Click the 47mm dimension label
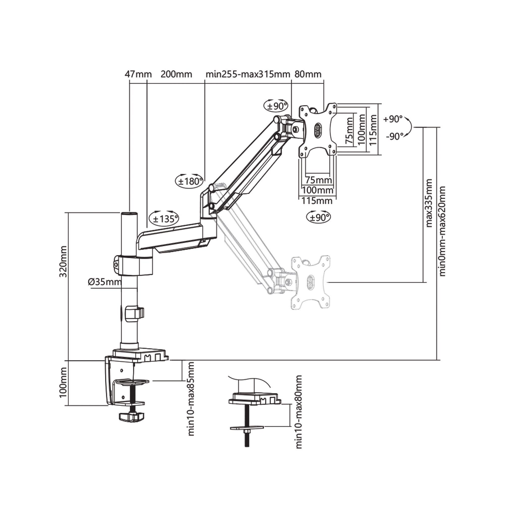point(138,74)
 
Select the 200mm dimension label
point(176,74)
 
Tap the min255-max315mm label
point(248,74)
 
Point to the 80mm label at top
point(308,74)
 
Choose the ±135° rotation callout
point(164,218)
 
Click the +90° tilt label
point(393,119)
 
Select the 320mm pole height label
point(64,261)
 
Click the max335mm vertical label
point(429,203)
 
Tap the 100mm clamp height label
point(64,382)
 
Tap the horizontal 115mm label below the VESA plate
point(317,201)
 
